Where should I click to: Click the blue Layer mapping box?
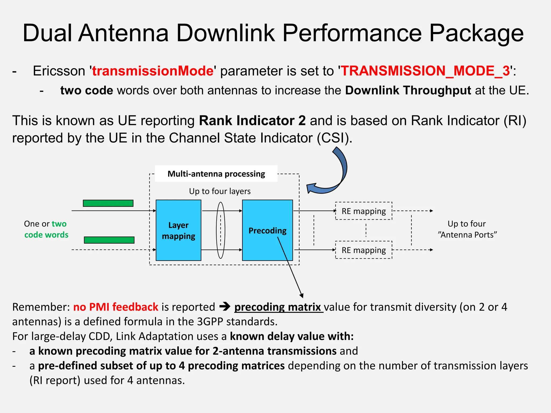178,230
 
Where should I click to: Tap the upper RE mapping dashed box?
363,211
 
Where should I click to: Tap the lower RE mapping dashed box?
363,250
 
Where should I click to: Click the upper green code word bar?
108,203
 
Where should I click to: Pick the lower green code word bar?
109,240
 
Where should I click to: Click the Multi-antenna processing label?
216,174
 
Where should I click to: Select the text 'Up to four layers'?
220,191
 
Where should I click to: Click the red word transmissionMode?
153,71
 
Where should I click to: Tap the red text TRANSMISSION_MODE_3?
425,71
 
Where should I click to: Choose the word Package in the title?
476,33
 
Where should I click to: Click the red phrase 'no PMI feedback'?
116,307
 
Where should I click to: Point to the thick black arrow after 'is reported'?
225,307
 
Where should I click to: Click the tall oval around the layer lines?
221,230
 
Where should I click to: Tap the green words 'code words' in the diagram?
46,235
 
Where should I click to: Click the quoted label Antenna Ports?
467,235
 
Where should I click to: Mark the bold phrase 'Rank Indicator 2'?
252,120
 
